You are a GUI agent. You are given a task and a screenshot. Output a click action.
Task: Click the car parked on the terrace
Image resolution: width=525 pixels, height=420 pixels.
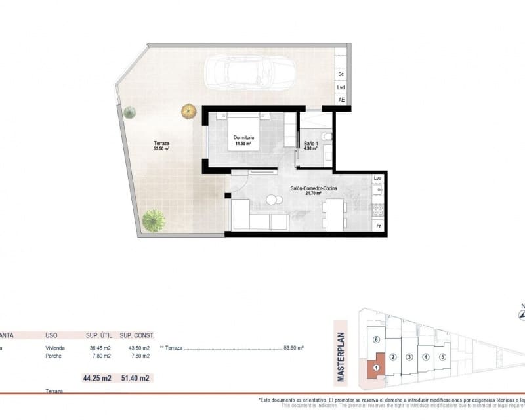point(249,73)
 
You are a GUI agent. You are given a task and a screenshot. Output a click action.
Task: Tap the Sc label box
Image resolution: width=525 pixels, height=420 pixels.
point(341,75)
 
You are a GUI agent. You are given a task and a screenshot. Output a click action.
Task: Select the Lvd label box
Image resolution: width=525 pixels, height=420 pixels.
point(341,87)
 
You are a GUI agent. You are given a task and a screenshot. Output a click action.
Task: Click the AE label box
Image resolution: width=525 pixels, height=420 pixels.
point(341,100)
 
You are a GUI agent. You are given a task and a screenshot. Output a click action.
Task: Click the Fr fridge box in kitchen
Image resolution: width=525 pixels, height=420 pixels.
point(377,226)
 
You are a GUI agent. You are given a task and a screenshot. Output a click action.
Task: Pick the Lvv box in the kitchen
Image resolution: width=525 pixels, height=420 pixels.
point(377,178)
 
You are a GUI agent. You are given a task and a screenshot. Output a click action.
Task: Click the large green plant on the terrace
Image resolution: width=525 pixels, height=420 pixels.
point(153,220)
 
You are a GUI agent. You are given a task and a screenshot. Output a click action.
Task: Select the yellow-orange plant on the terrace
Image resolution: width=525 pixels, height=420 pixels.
point(189,111)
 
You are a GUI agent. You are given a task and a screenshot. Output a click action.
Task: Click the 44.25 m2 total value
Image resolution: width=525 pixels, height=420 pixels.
point(96,378)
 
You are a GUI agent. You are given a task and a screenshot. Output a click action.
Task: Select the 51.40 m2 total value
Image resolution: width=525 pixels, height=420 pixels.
point(136,378)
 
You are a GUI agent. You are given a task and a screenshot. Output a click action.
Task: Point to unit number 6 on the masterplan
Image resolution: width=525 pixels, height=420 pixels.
point(375,340)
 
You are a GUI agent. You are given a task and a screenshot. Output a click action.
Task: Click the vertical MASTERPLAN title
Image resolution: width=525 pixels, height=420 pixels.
point(341,351)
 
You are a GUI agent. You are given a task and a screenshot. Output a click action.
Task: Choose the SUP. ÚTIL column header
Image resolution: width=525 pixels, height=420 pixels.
point(97,335)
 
